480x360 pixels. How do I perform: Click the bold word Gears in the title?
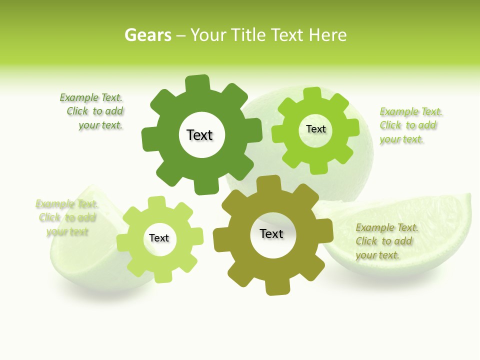tap(147, 35)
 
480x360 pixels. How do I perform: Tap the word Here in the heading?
tap(327, 35)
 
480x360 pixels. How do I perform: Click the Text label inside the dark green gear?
tap(199, 135)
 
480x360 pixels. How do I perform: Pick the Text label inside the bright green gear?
tap(315, 129)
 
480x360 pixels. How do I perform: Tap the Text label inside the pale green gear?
tap(159, 238)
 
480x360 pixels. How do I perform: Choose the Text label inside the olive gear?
tap(271, 233)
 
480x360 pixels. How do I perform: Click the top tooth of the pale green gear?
tap(157, 202)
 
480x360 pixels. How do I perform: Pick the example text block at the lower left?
tap(67, 217)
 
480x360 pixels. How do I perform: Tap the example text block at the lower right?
tap(386, 241)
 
